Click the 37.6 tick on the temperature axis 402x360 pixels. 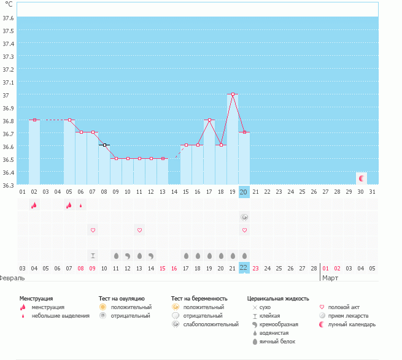(9, 18)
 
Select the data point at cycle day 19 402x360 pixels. (233, 94)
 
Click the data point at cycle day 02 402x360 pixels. (35, 120)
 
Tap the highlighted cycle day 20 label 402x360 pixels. (244, 192)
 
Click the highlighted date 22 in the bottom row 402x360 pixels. (244, 268)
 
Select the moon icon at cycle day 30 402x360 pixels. (361, 178)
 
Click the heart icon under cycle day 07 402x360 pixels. (93, 230)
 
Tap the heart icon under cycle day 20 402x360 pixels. (244, 230)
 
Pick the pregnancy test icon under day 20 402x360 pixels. (244, 217)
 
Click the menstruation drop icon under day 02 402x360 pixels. (34, 205)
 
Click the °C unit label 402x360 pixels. (9, 4)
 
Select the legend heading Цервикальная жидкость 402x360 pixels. (278, 298)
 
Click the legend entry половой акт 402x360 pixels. (346, 307)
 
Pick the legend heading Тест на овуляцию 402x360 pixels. (122, 298)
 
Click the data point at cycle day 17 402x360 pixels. (210, 120)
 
